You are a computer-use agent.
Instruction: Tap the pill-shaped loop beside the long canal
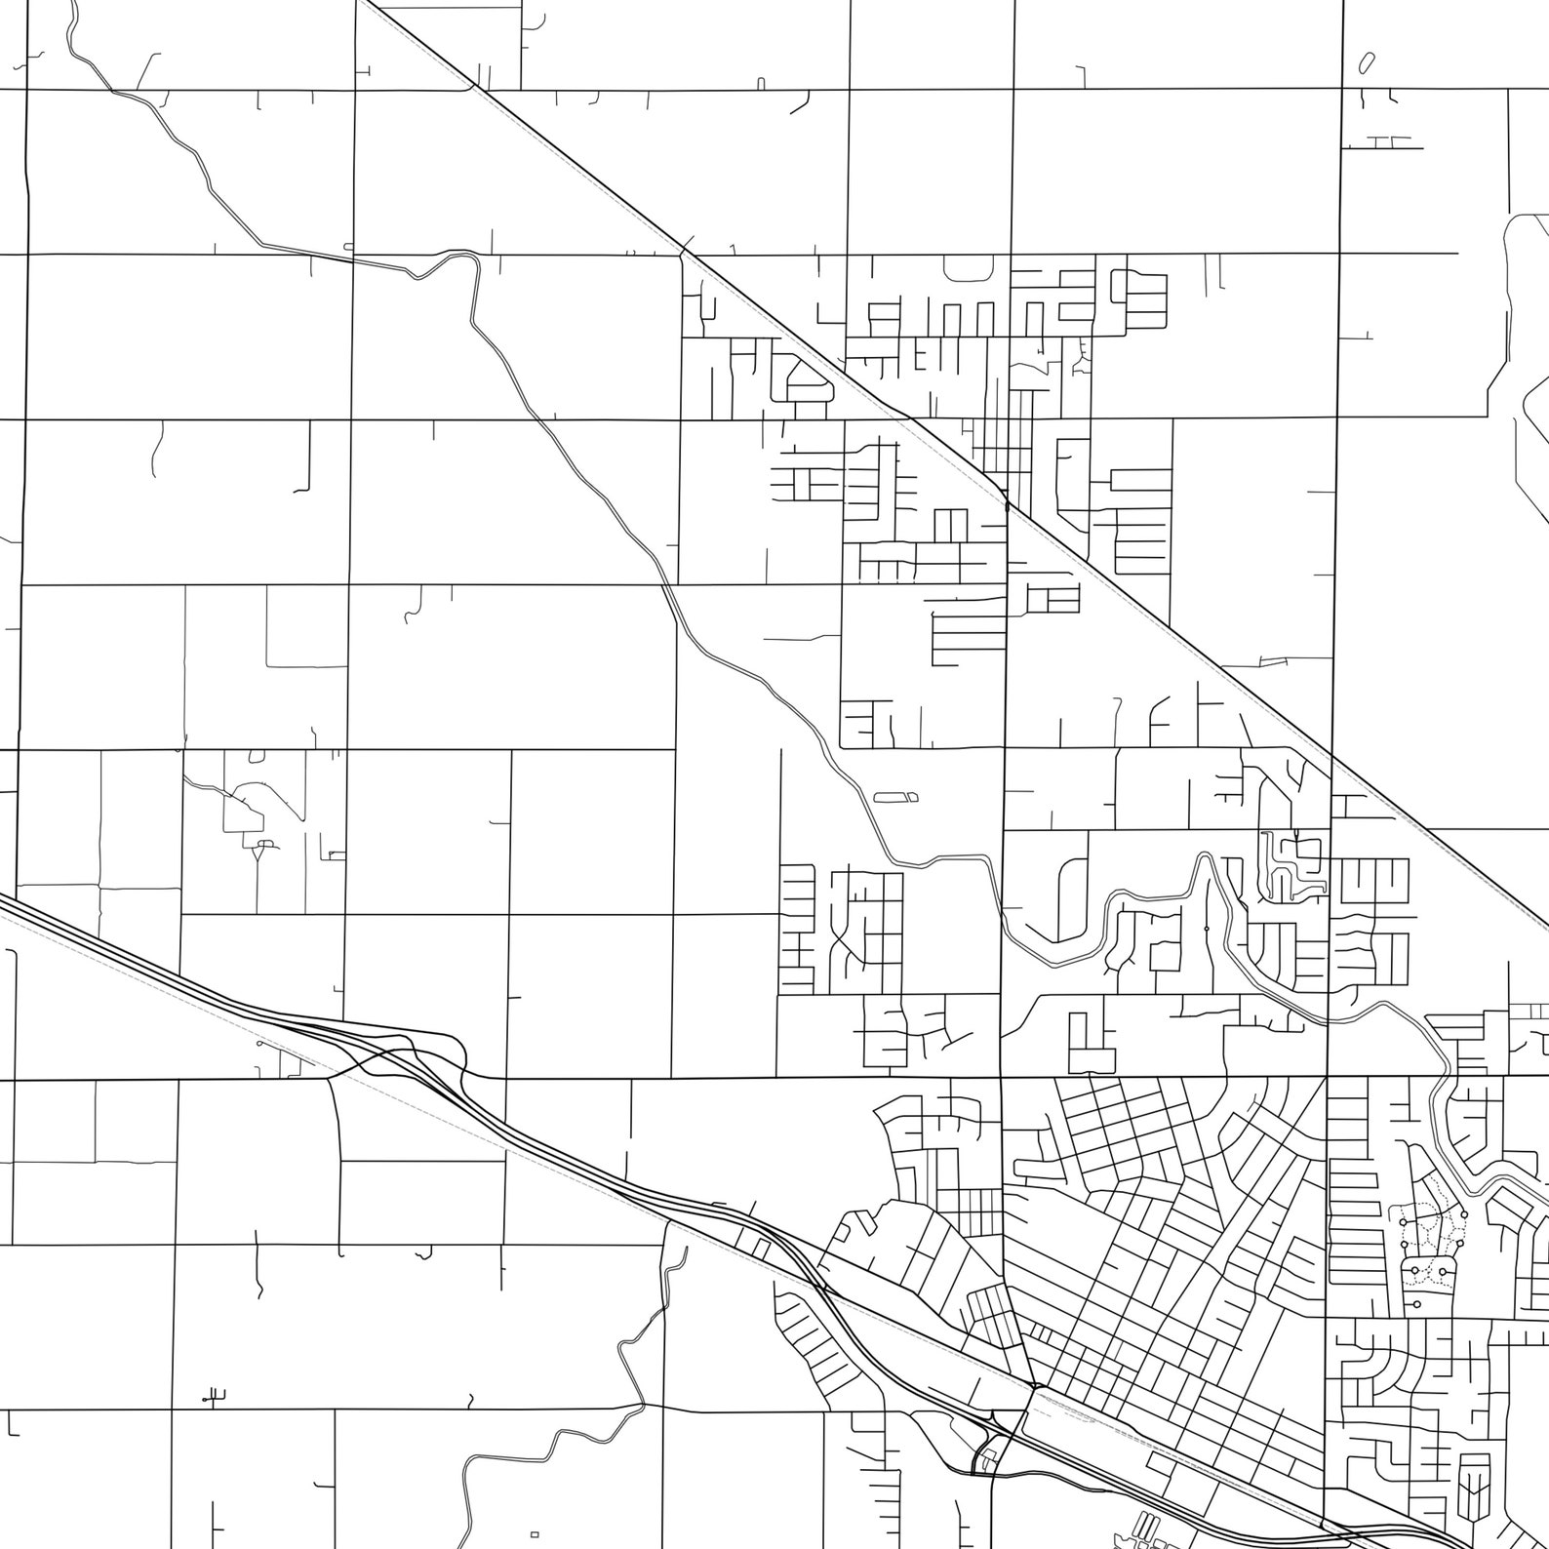click(895, 797)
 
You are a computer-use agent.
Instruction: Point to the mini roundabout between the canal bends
click(1207, 928)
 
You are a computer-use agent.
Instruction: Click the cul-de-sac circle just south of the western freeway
click(259, 1043)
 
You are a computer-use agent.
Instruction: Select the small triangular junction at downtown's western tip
click(1034, 1386)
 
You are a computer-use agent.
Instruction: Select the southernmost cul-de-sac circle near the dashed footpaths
click(1415, 1304)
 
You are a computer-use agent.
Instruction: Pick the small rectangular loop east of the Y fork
click(337, 855)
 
